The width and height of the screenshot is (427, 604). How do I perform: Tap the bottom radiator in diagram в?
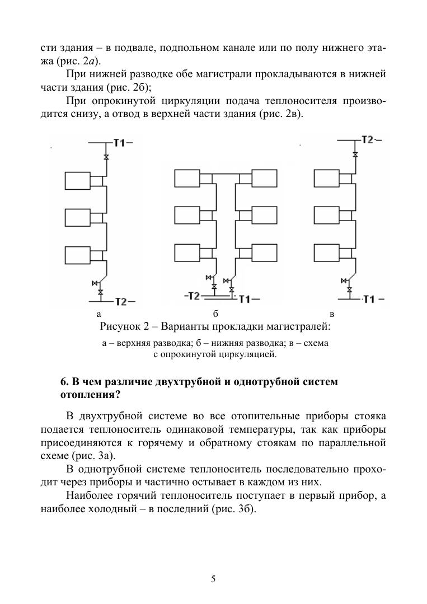click(x=329, y=254)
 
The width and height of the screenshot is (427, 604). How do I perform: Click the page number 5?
click(x=213, y=579)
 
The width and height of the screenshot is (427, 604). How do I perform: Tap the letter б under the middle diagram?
click(x=215, y=313)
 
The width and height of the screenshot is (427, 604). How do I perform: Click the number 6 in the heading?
click(x=63, y=382)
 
